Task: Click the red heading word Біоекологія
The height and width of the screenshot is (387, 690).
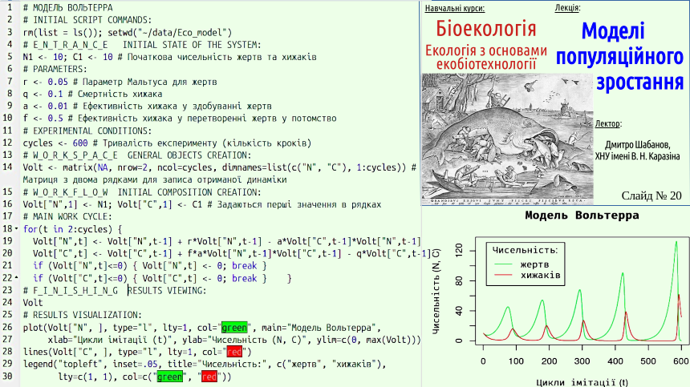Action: [x=486, y=30]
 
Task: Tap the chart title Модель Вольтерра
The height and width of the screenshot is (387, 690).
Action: [x=582, y=216]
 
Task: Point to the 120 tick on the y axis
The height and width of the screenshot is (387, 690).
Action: [x=460, y=251]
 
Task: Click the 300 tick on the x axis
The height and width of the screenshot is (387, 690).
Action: [x=582, y=361]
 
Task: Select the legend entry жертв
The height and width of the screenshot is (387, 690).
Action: [x=534, y=264]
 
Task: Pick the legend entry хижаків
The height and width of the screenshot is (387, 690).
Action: [x=541, y=276]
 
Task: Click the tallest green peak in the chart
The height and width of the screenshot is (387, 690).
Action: [x=676, y=242]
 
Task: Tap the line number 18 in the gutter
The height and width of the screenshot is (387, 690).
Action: [x=7, y=229]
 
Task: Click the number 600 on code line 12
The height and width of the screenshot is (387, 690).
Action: [x=80, y=143]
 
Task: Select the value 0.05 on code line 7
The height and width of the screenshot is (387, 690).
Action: [x=58, y=82]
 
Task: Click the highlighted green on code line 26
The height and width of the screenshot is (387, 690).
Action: [x=234, y=328]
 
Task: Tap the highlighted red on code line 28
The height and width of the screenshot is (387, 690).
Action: [x=234, y=352]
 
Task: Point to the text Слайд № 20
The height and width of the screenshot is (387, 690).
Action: [x=651, y=196]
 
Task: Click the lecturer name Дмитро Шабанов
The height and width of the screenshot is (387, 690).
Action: [x=638, y=145]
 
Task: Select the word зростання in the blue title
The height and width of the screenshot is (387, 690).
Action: [x=639, y=83]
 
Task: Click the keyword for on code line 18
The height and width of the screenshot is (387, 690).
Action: [x=30, y=229]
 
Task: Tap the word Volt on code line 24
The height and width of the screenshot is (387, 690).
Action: [x=33, y=303]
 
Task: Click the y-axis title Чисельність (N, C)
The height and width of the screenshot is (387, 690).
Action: [x=436, y=290]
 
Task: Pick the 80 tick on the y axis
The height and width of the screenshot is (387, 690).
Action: [x=460, y=280]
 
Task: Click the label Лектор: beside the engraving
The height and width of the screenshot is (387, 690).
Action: [x=608, y=124]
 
